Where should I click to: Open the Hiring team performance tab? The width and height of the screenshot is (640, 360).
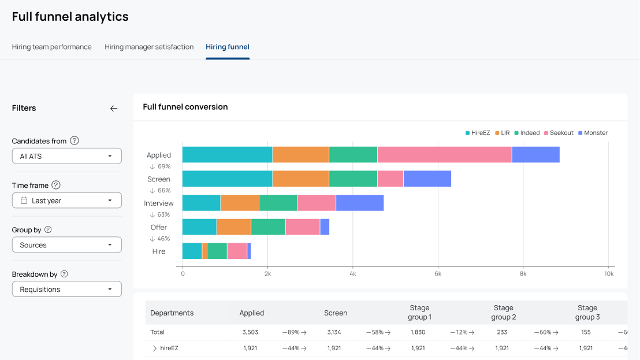pyautogui.click(x=52, y=47)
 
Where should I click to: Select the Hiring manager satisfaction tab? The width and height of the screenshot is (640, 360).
pyautogui.click(x=149, y=47)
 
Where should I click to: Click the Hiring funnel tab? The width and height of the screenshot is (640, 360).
pyautogui.click(x=228, y=47)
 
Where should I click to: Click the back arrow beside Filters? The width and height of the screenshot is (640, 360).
pyautogui.click(x=114, y=108)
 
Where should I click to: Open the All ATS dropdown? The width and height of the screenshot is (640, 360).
pyautogui.click(x=67, y=156)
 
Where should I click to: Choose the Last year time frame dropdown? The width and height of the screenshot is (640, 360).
pyautogui.click(x=67, y=201)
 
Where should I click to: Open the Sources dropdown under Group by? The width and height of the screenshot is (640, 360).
pyautogui.click(x=67, y=245)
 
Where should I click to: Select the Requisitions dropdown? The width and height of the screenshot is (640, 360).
pyautogui.click(x=67, y=290)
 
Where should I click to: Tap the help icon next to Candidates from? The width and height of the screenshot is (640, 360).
pyautogui.click(x=75, y=141)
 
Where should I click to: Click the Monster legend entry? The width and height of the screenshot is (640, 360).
pyautogui.click(x=593, y=133)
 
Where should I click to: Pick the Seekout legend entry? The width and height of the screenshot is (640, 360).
pyautogui.click(x=559, y=133)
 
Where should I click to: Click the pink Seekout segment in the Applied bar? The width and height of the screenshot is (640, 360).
pyautogui.click(x=445, y=155)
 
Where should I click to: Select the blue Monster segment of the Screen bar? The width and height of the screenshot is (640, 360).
pyautogui.click(x=427, y=179)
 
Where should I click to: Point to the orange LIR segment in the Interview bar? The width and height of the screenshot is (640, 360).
pyautogui.click(x=240, y=203)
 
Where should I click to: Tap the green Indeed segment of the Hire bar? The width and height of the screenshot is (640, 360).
pyautogui.click(x=217, y=251)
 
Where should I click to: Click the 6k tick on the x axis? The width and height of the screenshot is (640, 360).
pyautogui.click(x=438, y=274)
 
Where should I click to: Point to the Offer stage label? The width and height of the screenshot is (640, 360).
pyautogui.click(x=159, y=227)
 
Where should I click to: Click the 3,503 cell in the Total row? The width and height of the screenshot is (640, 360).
pyautogui.click(x=250, y=332)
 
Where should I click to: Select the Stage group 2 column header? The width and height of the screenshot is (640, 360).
pyautogui.click(x=503, y=312)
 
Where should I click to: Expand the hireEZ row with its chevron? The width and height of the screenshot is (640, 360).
pyautogui.click(x=154, y=348)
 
